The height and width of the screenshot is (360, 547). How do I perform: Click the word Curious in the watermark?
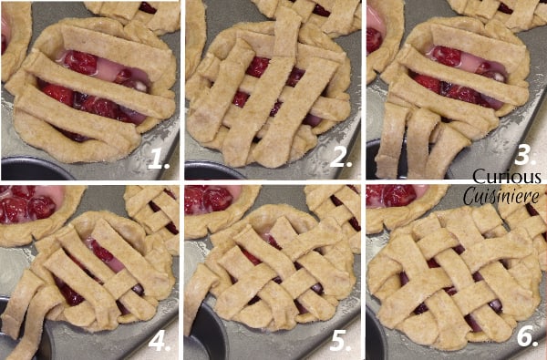[507, 177]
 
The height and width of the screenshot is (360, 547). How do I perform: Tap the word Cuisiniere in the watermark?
[501, 195]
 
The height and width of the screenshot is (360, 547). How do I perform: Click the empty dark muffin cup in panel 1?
[35, 170]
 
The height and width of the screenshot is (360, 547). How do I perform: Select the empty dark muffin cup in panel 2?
[212, 171]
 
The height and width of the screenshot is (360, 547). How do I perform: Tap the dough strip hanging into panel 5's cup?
[196, 300]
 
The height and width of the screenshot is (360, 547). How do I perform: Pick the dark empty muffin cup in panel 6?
[374, 334]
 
